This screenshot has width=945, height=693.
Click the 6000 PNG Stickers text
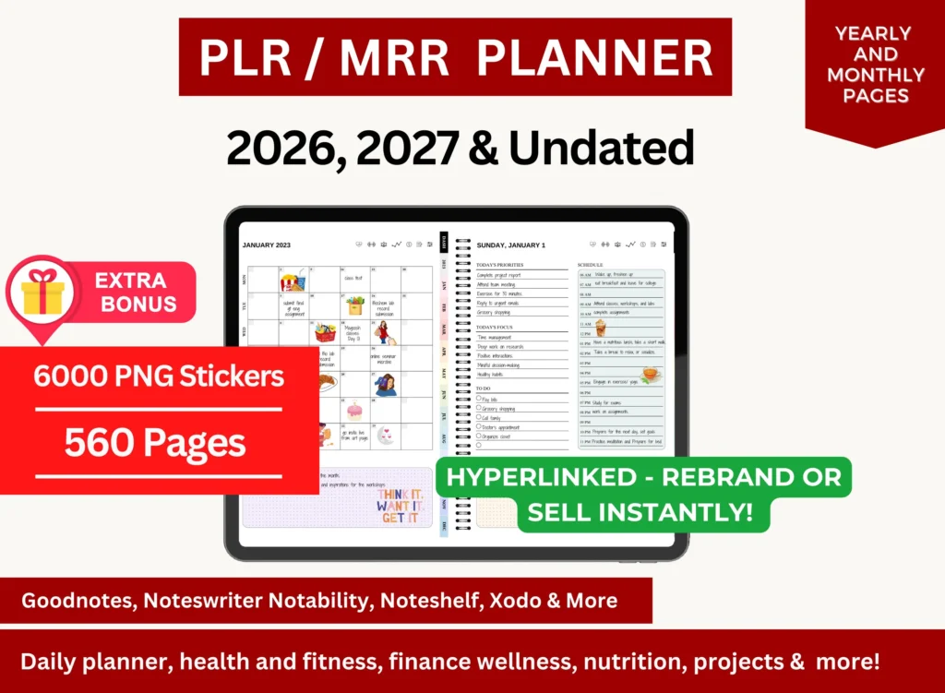click(159, 376)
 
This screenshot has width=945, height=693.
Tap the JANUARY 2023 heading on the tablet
click(266, 245)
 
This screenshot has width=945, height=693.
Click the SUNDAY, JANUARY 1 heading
click(511, 245)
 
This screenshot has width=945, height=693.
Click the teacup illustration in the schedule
click(652, 374)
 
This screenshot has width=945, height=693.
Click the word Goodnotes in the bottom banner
click(65, 601)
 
